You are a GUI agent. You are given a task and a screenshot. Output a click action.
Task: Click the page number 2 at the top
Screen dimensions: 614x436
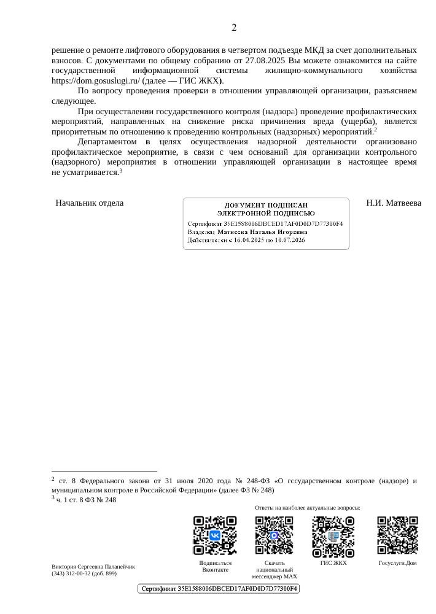point(234,28)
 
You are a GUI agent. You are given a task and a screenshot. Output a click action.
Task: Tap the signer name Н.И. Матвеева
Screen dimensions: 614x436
point(393,203)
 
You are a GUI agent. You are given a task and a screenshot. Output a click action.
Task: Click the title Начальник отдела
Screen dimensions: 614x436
point(90,203)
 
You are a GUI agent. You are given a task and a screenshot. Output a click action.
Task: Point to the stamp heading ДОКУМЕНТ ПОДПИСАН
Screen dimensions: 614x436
point(265,204)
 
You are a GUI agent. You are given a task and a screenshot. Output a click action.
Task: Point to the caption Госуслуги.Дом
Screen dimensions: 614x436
point(397,562)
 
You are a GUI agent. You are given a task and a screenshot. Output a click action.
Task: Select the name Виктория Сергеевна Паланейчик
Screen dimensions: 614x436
point(93,566)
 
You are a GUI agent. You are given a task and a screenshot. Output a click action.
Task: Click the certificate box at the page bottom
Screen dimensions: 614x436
point(217,589)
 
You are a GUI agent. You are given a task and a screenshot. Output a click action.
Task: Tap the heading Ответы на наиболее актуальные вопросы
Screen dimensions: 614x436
point(307,508)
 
